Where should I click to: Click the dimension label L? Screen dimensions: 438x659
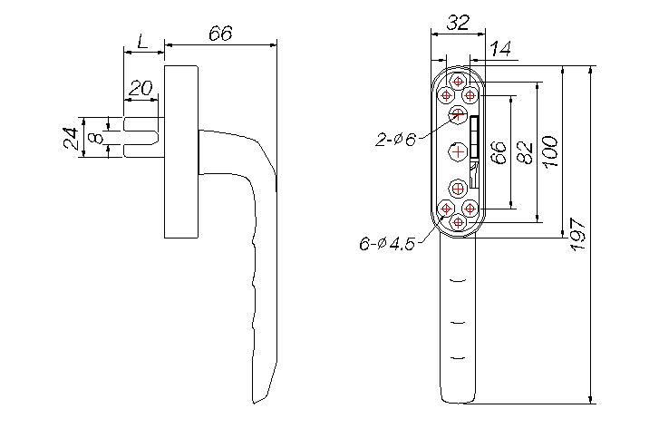click(x=143, y=42)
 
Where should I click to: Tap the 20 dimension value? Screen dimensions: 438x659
click(x=140, y=88)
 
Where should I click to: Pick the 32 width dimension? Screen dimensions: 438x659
click(x=459, y=24)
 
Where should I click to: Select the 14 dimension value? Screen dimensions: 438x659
click(x=500, y=51)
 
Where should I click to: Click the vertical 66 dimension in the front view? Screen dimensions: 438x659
click(x=498, y=151)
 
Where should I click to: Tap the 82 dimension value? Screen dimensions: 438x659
click(x=523, y=151)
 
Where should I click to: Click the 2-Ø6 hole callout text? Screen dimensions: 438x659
click(x=396, y=140)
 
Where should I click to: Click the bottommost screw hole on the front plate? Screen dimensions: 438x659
click(x=458, y=221)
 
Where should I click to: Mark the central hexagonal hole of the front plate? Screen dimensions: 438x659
click(x=459, y=150)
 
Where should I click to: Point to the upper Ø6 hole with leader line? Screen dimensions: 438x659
click(x=458, y=113)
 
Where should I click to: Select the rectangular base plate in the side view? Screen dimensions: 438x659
click(x=181, y=152)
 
